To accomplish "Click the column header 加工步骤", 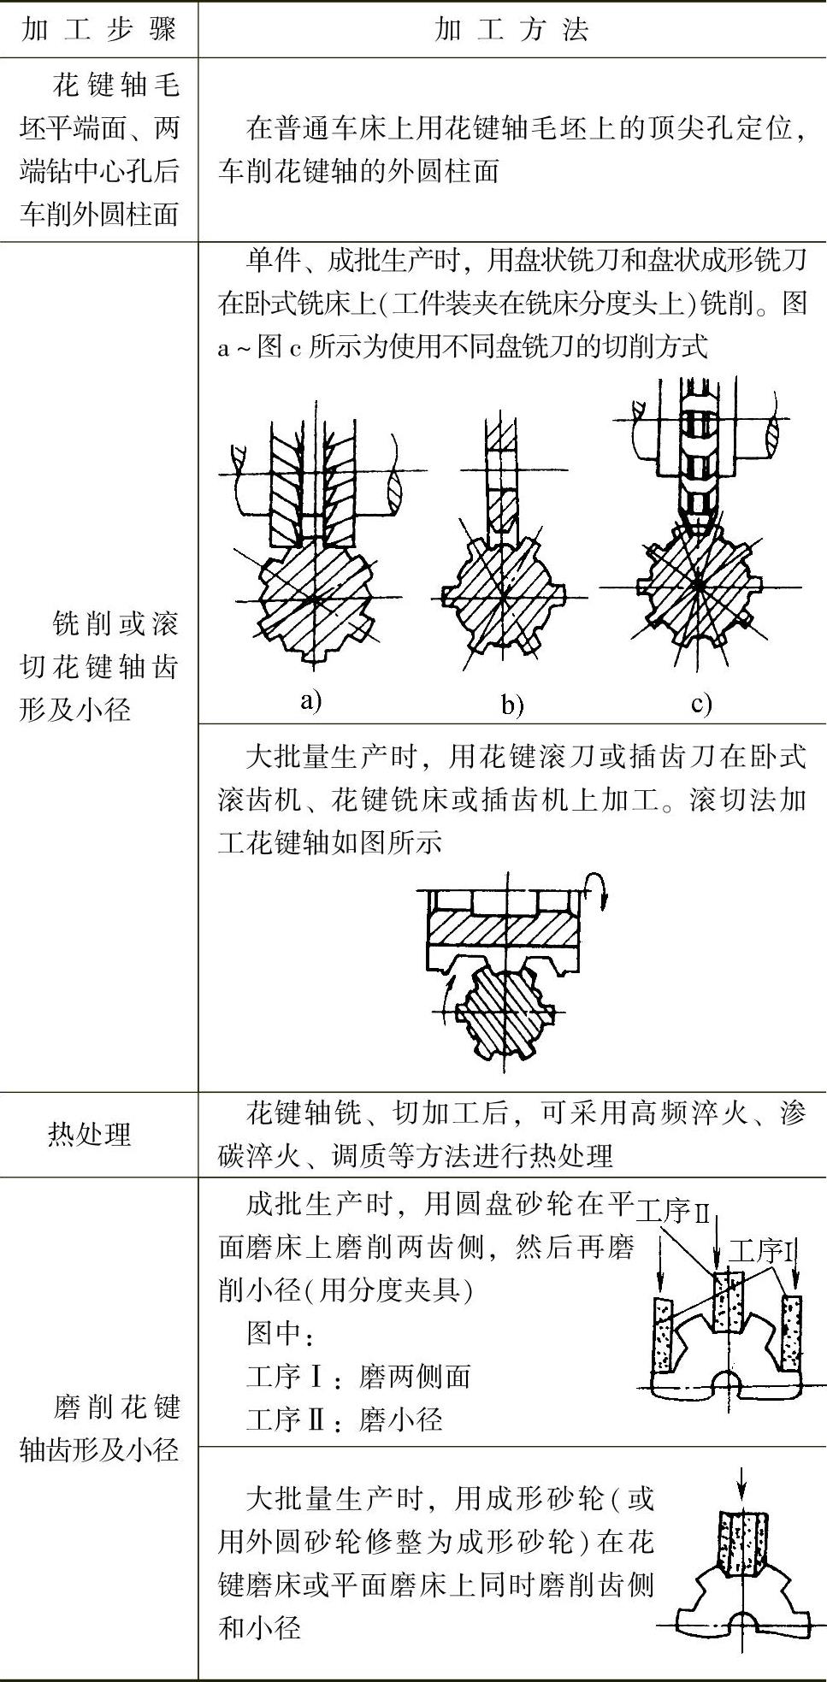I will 99,29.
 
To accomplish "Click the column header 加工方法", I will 511,29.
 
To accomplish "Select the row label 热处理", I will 90,1134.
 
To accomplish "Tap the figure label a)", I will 311,701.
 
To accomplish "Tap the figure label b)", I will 512,705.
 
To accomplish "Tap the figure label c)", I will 701,703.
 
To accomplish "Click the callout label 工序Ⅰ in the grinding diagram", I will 762,1252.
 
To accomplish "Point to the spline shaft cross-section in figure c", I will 700,587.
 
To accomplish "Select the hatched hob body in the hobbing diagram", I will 500,929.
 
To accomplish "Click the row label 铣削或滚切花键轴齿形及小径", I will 99,666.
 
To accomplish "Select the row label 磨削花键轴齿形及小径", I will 99,1428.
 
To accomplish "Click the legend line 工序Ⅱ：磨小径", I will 344,1420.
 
